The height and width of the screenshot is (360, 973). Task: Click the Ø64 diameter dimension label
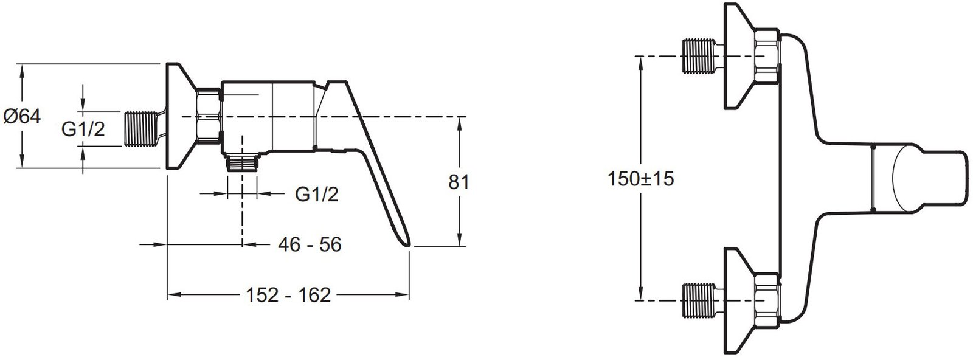22,116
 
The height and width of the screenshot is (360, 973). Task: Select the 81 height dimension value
459,182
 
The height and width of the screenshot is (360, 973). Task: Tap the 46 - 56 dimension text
310,244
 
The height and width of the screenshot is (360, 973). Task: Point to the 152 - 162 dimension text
288,296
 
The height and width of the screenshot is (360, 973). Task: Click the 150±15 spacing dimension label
641,179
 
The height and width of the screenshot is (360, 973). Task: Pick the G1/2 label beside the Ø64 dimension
83,129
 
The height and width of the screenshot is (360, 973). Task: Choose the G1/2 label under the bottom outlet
316,195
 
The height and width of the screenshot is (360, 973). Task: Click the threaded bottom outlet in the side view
243,164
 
